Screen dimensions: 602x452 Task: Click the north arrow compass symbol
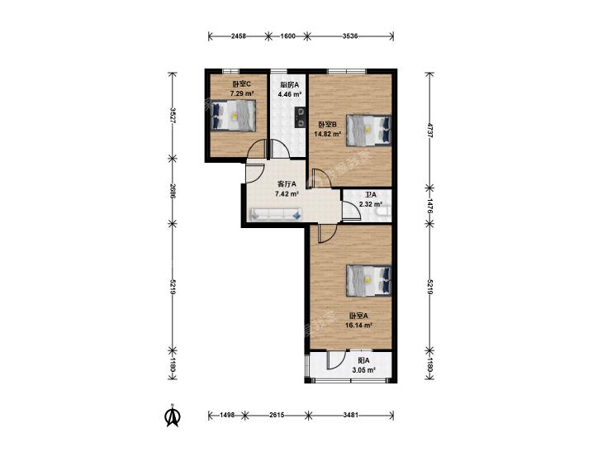coord(173,416)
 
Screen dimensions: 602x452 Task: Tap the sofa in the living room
coord(276,214)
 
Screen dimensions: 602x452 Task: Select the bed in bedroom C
coord(233,115)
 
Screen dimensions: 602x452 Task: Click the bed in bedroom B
coord(368,131)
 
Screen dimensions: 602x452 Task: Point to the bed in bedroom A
coord(368,280)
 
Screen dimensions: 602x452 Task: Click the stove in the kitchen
coord(300,117)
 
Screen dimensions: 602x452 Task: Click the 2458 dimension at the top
coord(239,36)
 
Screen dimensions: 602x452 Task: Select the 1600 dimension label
coord(288,36)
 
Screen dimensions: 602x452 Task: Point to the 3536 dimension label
coord(350,36)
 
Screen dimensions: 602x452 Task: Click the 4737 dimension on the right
coord(430,131)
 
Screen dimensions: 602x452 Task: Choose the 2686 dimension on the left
coord(173,191)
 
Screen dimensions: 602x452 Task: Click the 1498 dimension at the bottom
coord(227,415)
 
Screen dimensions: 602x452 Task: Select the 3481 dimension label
coord(350,415)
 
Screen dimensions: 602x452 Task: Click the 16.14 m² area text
coord(359,326)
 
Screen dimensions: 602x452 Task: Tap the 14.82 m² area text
coord(328,134)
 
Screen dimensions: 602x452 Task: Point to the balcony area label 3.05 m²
coord(363,370)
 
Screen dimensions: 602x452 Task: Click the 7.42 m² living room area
coord(287,194)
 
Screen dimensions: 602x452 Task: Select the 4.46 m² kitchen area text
coord(290,93)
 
